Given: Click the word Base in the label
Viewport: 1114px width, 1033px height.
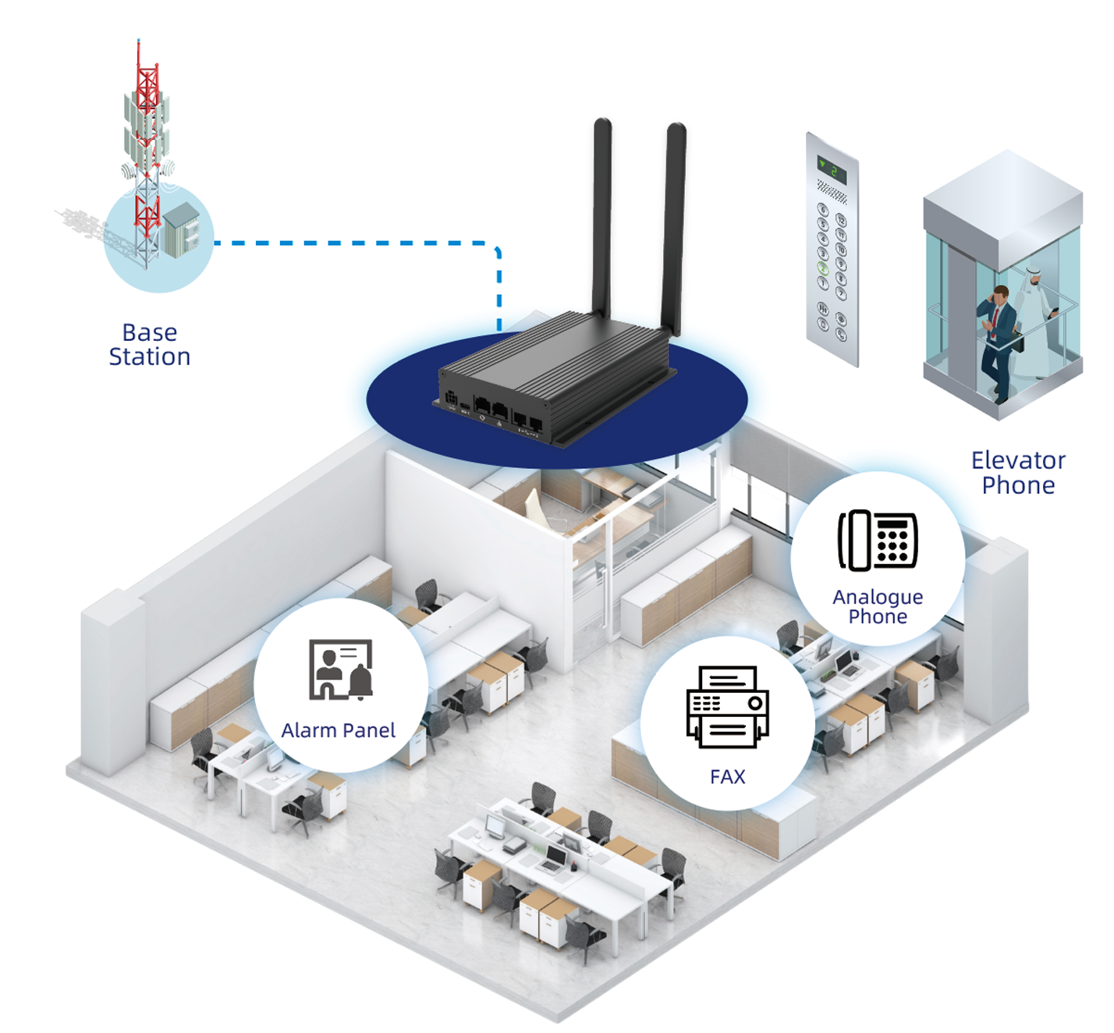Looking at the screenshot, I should [x=150, y=333].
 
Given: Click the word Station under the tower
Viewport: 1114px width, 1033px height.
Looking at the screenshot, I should [x=150, y=357].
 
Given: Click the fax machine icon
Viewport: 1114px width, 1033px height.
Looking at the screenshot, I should [x=728, y=707].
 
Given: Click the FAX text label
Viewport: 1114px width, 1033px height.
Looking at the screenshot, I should [x=728, y=777].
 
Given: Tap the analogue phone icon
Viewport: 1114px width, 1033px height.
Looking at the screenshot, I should [x=878, y=541].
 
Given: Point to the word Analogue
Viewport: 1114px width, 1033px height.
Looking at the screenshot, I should [x=878, y=598].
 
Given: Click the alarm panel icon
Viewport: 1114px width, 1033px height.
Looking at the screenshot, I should [x=341, y=669].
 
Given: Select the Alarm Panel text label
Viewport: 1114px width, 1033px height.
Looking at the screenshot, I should [x=339, y=731].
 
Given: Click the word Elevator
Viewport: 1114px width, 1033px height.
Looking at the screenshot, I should [x=1018, y=460].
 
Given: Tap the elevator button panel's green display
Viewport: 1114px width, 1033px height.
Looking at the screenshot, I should [x=832, y=169].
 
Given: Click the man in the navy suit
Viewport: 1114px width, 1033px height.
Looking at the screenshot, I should [x=996, y=339].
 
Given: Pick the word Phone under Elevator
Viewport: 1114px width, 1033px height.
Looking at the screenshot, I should [x=1018, y=485].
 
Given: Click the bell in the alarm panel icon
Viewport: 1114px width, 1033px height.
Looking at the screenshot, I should [x=360, y=681].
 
